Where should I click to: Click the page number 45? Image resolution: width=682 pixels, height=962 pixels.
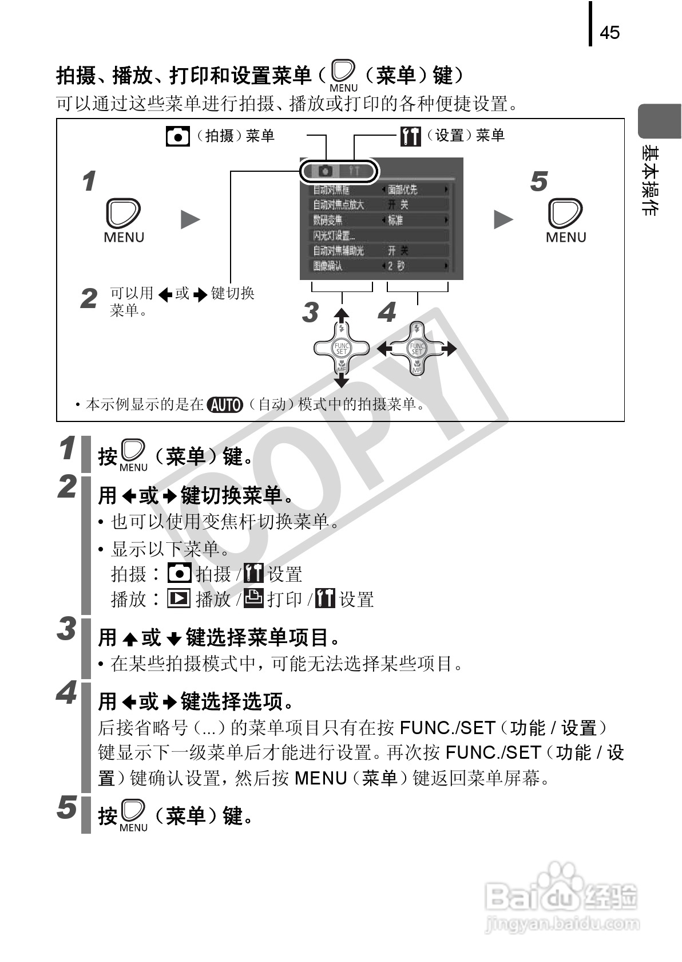click(609, 33)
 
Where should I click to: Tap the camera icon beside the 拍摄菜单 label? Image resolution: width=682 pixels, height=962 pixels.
click(177, 136)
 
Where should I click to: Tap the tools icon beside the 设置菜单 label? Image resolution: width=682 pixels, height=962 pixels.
click(410, 136)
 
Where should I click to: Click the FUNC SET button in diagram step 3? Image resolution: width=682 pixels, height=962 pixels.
click(342, 348)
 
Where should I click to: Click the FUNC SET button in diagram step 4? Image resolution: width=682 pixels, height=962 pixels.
click(417, 348)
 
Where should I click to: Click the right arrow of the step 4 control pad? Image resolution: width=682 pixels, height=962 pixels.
click(450, 348)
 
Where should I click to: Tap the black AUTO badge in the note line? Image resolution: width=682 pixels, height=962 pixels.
click(225, 405)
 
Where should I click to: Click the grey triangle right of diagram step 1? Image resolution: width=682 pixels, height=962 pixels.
click(190, 219)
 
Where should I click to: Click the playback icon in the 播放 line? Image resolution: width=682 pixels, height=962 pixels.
click(179, 598)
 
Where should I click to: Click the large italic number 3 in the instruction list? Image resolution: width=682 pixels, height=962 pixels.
click(67, 629)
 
